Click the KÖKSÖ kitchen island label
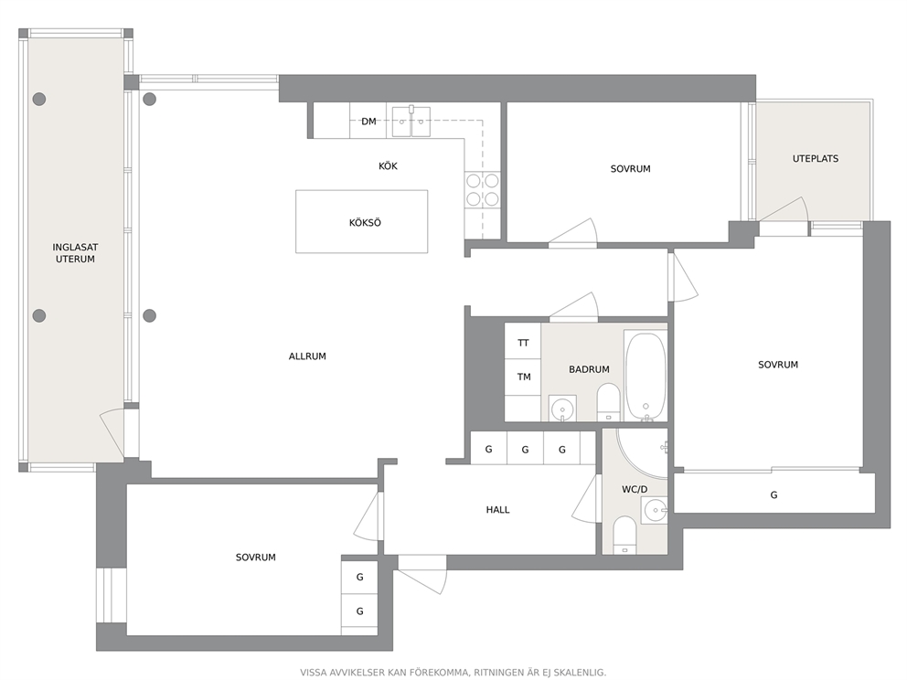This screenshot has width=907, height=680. click(365, 223)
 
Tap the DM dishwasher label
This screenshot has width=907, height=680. click(368, 122)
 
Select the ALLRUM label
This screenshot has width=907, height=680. click(307, 356)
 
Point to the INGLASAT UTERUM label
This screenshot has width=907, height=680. click(75, 253)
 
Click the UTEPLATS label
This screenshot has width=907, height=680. click(815, 158)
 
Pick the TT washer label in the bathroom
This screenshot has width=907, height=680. click(523, 343)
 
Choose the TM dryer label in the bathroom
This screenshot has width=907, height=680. click(524, 377)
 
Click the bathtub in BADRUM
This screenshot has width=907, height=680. click(646, 377)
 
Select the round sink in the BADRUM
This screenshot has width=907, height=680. click(561, 409)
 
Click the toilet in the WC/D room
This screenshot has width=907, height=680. click(624, 535)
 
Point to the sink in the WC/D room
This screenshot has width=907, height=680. click(655, 510)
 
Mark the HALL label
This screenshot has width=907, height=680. click(497, 509)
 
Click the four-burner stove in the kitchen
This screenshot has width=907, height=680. click(483, 190)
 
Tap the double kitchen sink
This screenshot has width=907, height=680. click(411, 121)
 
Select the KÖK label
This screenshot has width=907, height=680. click(388, 166)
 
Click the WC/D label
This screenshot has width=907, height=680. click(635, 489)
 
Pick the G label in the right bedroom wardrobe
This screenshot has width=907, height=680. click(774, 495)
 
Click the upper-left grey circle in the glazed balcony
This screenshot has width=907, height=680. click(38, 99)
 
